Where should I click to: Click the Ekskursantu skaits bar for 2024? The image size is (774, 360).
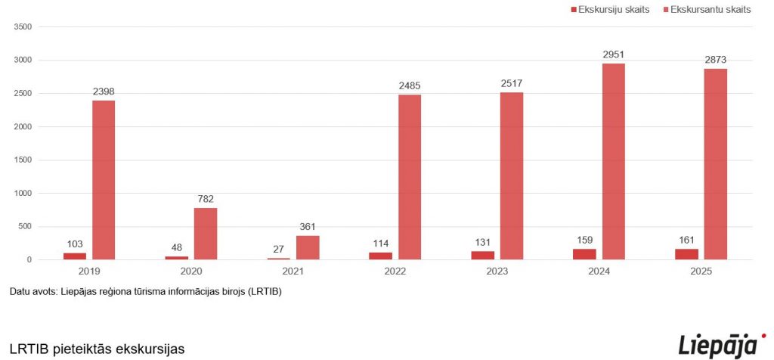pos(613,162)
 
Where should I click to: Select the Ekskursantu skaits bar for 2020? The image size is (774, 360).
pos(206,234)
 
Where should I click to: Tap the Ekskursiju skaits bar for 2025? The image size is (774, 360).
pos(686,254)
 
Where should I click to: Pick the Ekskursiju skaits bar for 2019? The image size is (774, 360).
pos(75,256)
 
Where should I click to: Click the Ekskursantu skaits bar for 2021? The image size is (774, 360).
pos(308,247)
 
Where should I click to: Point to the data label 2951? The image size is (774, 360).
pos(614,54)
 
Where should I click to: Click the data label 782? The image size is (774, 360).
pos(206,199)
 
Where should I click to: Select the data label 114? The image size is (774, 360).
pos(380,244)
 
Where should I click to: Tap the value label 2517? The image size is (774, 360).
pos(512,83)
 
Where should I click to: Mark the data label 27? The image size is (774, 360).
pos(279,249)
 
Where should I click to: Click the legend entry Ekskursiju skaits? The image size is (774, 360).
pos(608,10)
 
